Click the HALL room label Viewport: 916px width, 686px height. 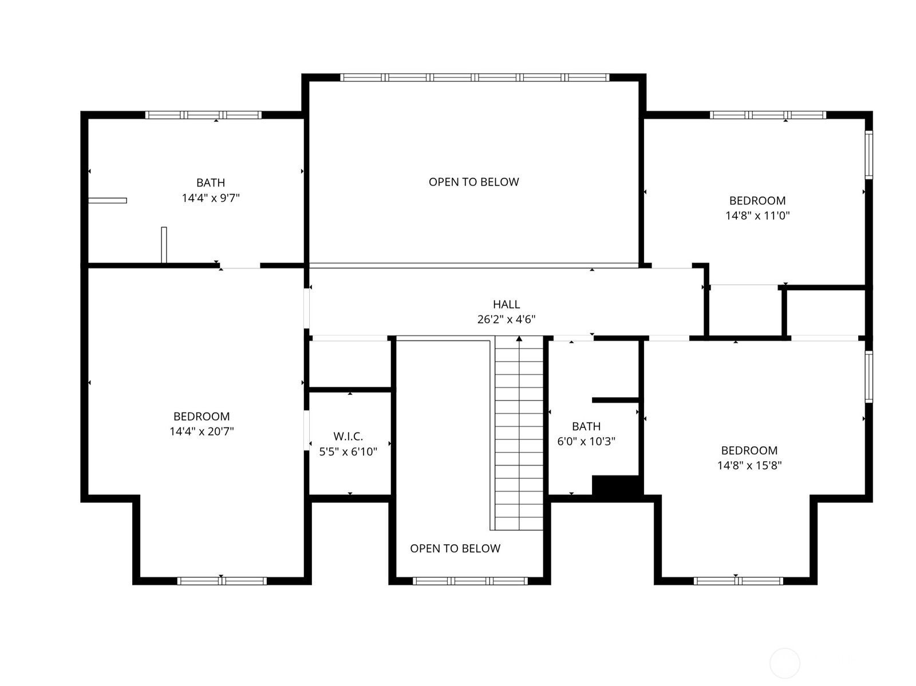pos(506,304)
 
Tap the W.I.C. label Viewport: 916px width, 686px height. pos(348,437)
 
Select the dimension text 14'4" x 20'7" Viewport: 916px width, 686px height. pos(202,431)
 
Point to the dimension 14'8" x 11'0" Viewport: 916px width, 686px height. pos(757,216)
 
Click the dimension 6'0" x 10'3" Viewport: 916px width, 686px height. pos(586,441)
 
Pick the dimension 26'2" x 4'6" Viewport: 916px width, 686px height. pos(506,319)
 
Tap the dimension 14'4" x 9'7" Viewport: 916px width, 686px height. pos(211,198)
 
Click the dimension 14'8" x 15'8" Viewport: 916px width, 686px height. pos(749,465)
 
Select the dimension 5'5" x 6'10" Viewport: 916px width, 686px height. pos(348,451)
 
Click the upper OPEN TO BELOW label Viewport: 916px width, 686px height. pos(473,182)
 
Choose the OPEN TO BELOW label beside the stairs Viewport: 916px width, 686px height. pos(455,548)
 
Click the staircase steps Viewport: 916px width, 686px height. pos(519,434)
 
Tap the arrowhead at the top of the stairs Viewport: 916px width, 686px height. pos(519,339)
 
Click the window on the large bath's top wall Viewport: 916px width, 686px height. pos(203,115)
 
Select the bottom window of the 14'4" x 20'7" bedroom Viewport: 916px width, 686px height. pos(222,581)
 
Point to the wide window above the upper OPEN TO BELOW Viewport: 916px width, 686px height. pos(475,77)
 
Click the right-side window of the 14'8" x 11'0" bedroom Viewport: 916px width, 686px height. pos(869,154)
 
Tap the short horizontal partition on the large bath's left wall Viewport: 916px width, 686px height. pos(107,201)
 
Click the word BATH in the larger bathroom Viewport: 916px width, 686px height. pos(211,183)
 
